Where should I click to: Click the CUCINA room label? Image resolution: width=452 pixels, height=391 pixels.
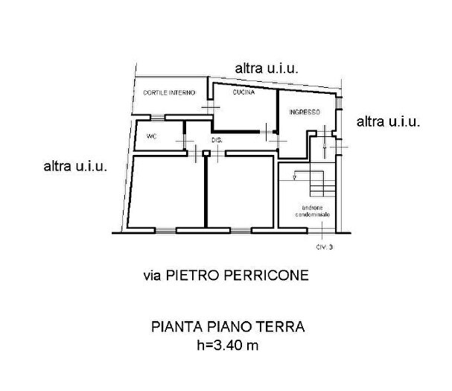(x=243, y=93)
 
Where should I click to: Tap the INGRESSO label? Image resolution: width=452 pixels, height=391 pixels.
(x=304, y=112)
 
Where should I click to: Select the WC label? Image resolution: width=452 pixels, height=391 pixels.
(x=151, y=136)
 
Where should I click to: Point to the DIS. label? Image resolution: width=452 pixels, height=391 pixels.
(x=217, y=140)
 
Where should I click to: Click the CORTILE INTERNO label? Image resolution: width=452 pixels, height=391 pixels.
(x=169, y=93)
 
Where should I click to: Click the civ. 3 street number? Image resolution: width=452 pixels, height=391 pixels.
(x=321, y=247)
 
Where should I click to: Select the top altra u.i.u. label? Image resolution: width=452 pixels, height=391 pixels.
(x=267, y=68)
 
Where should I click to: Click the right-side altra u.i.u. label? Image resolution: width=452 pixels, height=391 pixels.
(x=390, y=121)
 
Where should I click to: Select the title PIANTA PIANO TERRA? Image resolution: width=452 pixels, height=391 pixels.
(x=228, y=326)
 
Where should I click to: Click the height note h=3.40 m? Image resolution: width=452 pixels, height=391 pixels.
(x=228, y=345)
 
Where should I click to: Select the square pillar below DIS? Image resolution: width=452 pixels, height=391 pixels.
(x=206, y=154)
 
